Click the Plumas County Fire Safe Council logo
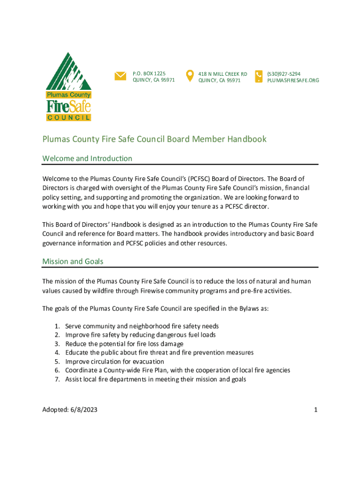click(x=68, y=87)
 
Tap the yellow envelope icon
click(x=120, y=76)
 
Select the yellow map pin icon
click(x=190, y=75)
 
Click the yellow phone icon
click(x=259, y=76)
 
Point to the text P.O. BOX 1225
click(x=149, y=74)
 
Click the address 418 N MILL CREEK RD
click(x=223, y=74)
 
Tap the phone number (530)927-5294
click(x=284, y=74)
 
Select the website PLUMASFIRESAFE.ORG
click(x=293, y=80)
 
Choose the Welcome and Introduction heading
click(x=87, y=159)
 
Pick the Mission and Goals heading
click(x=73, y=261)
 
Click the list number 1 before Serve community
click(x=57, y=326)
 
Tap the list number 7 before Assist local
click(x=57, y=379)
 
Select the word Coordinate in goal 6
click(x=80, y=370)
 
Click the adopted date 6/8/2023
click(x=85, y=410)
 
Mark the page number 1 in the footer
click(x=316, y=410)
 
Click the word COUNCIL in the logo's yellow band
click(x=68, y=117)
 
